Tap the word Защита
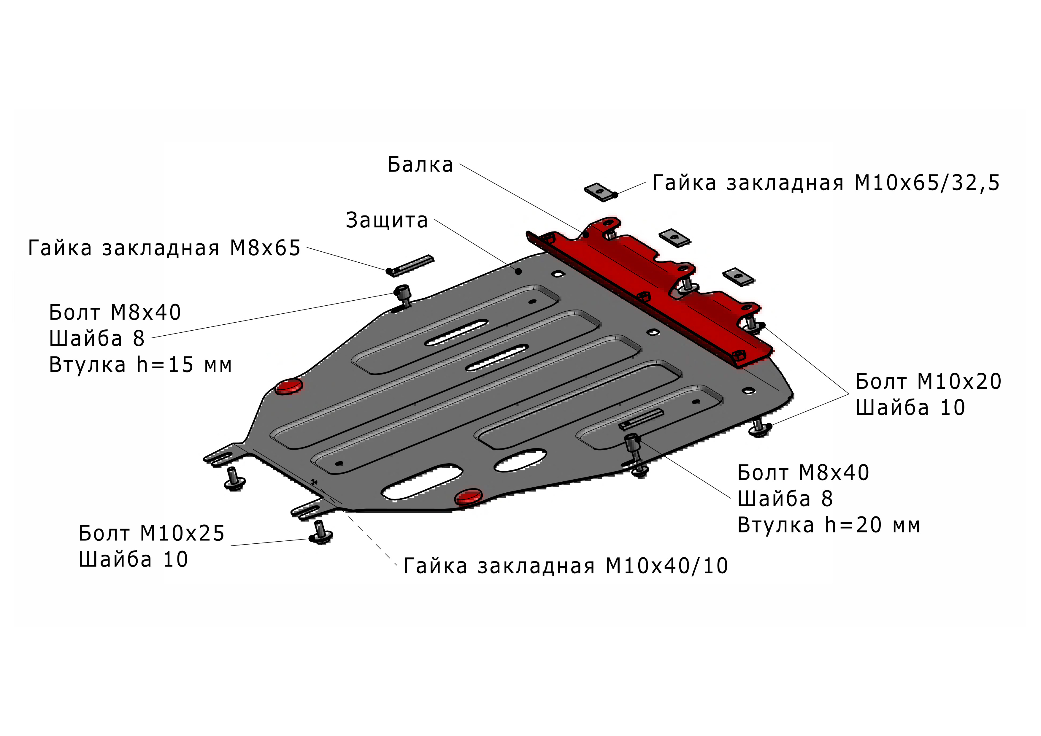[387, 221]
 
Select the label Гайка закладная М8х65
[164, 248]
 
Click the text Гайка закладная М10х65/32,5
[826, 183]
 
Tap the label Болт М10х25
[151, 533]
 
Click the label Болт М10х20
[929, 382]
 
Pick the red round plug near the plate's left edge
[289, 386]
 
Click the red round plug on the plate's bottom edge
[469, 497]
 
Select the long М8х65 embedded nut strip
[410, 266]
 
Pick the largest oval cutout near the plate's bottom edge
[422, 482]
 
